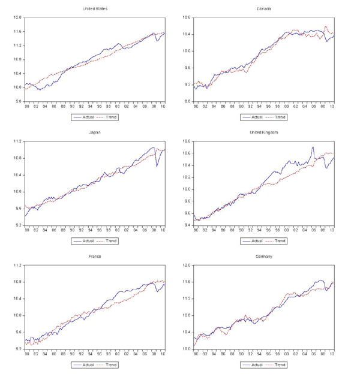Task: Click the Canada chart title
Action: pyautogui.click(x=263, y=9)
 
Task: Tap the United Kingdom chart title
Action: pyautogui.click(x=263, y=132)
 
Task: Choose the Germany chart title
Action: pyautogui.click(x=263, y=257)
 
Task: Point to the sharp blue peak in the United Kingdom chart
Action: pyautogui.click(x=313, y=147)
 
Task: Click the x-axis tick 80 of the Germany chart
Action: pyautogui.click(x=196, y=354)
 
